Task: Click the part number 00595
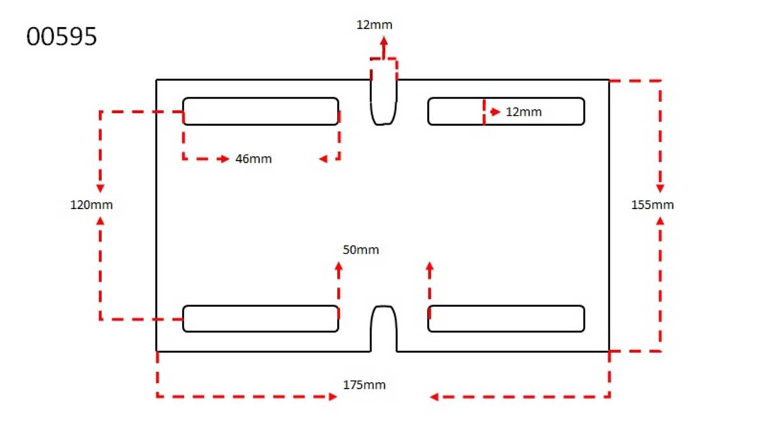(x=62, y=37)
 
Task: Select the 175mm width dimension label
(x=364, y=385)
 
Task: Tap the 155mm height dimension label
(x=652, y=205)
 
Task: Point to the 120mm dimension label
(x=91, y=205)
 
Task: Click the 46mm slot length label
(x=253, y=159)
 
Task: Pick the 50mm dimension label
(x=361, y=250)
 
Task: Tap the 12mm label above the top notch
(x=375, y=26)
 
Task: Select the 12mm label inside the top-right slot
(x=523, y=112)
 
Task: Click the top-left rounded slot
(x=260, y=111)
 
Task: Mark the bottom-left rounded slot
(x=260, y=319)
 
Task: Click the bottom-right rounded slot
(x=506, y=319)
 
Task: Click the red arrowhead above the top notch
(x=384, y=41)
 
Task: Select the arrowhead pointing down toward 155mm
(x=660, y=188)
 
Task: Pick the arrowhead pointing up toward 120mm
(x=100, y=220)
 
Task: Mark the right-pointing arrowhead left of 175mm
(x=333, y=397)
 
